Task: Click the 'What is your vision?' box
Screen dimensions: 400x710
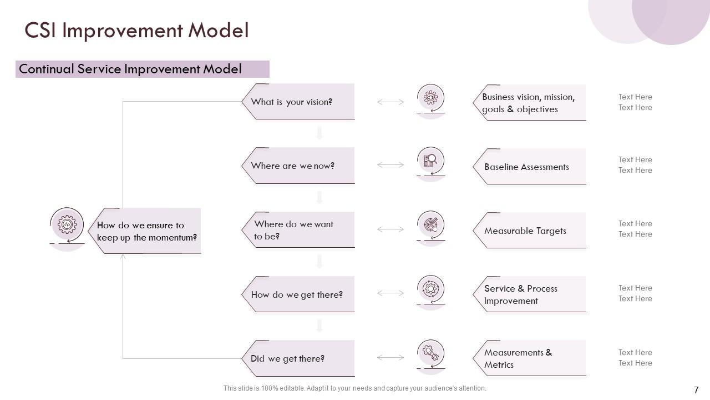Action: (x=300, y=102)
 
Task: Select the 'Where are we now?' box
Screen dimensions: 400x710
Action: (x=300, y=166)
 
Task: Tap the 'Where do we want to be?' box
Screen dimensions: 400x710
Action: (x=300, y=230)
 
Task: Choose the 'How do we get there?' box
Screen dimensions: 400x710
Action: (x=300, y=294)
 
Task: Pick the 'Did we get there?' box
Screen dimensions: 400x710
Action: (x=300, y=358)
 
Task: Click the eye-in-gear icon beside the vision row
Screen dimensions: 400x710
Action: (x=430, y=99)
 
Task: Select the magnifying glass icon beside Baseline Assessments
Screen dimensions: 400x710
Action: (x=430, y=162)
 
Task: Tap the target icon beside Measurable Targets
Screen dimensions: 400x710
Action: (x=430, y=225)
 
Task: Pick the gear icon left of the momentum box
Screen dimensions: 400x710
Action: (x=67, y=225)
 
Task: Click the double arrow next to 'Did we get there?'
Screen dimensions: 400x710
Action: (x=390, y=357)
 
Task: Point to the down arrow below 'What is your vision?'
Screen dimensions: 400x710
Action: (x=319, y=133)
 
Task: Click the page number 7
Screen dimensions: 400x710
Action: (x=696, y=390)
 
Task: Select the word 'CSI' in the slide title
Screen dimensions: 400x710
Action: (x=42, y=31)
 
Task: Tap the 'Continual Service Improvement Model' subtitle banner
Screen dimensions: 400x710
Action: (x=142, y=69)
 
